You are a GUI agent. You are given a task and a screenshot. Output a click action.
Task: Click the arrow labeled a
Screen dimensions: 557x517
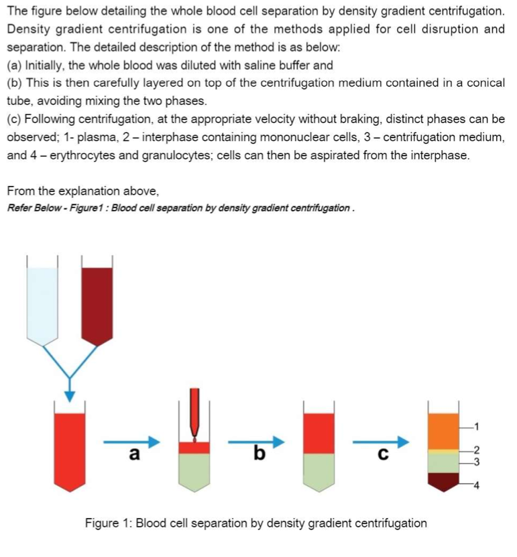click(x=132, y=442)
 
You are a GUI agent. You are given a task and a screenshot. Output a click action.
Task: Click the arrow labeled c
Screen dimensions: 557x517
click(x=382, y=442)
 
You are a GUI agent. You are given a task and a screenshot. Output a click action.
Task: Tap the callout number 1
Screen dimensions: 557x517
click(x=477, y=425)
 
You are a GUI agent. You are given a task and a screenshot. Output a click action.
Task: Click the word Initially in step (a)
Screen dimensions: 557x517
click(x=46, y=66)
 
